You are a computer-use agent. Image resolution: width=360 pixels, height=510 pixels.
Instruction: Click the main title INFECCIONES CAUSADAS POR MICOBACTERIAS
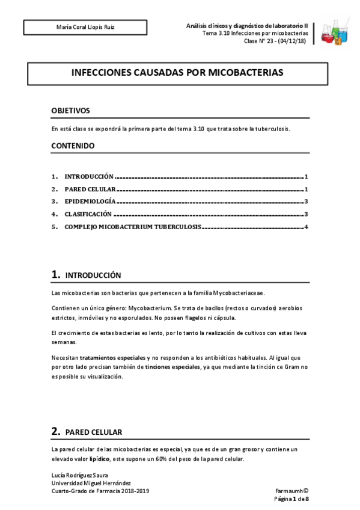click(177, 73)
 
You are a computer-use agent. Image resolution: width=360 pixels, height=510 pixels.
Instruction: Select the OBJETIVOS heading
click(70, 111)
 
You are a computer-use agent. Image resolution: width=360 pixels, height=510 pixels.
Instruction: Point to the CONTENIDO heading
click(73, 146)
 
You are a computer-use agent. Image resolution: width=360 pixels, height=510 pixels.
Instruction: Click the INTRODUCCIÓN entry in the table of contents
click(89, 177)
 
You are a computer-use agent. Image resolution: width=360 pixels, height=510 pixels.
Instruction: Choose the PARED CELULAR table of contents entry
click(90, 189)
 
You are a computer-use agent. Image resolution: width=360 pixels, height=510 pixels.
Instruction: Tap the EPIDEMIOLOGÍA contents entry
click(90, 202)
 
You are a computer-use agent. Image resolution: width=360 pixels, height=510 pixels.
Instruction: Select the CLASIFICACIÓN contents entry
click(88, 214)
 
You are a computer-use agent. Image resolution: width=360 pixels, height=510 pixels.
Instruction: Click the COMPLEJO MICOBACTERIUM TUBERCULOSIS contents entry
click(133, 227)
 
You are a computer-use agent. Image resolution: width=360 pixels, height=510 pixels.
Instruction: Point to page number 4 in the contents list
click(306, 227)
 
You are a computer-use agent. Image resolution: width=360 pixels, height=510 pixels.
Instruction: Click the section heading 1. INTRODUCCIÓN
click(87, 275)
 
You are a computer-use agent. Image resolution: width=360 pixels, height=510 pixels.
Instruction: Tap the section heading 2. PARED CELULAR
click(87, 432)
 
